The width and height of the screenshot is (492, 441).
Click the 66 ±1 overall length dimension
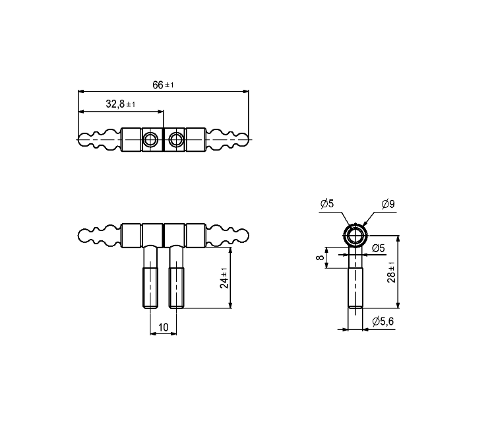coord(163,85)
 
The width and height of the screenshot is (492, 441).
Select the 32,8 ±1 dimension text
coord(121,104)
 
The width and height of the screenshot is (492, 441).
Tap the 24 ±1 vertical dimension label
coord(224,278)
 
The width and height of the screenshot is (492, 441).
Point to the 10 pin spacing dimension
coord(163,327)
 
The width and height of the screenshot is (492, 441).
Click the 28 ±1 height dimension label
coord(391,272)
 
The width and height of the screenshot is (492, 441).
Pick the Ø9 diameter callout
coord(388,204)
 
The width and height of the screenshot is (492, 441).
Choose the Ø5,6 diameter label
coord(383,322)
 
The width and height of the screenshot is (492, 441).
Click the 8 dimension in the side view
coord(320,257)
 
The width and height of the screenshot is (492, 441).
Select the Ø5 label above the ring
coord(327,203)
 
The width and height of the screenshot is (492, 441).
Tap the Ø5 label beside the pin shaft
coord(378,248)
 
